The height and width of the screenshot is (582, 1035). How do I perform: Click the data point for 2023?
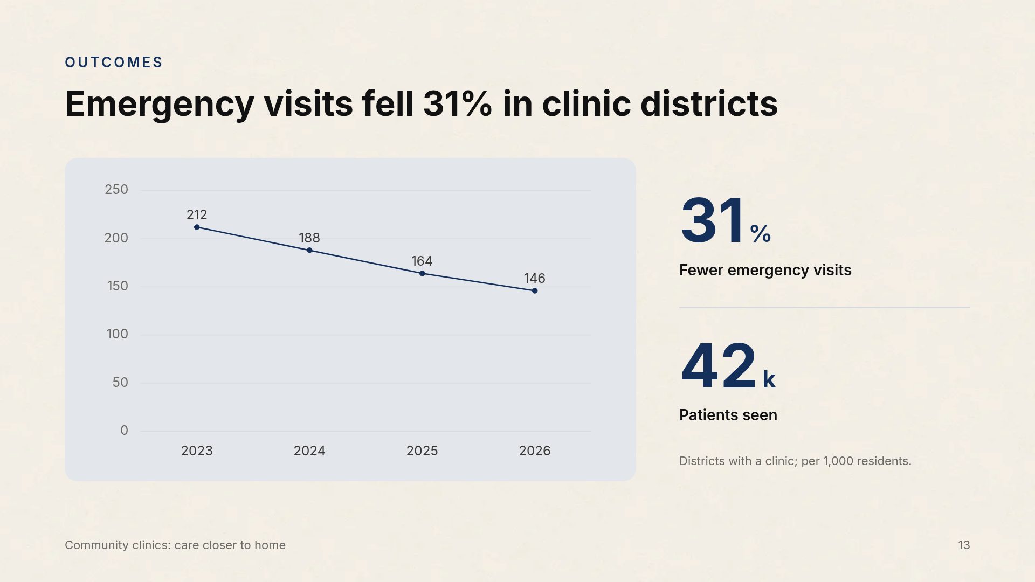coord(197,227)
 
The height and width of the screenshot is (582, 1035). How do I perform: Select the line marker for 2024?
coord(309,251)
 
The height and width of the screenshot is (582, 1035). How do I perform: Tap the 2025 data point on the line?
coord(422,274)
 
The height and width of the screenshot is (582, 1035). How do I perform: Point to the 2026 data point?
coord(535,291)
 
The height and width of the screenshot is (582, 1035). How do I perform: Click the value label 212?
coord(197,215)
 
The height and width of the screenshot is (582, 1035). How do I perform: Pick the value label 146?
coord(535,279)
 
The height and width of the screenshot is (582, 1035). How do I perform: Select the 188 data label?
coord(309,238)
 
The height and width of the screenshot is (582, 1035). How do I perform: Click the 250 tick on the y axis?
coord(116,190)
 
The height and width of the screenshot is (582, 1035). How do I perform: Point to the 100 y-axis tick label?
coord(118,334)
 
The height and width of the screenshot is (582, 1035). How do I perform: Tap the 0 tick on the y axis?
coord(125,431)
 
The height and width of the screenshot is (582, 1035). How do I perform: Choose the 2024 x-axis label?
coord(309,451)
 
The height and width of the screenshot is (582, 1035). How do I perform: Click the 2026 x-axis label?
coord(535,451)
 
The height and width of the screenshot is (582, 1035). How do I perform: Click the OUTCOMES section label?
coord(114,63)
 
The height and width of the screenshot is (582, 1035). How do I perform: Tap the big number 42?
coord(719,367)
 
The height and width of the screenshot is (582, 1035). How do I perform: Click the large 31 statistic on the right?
coord(713,221)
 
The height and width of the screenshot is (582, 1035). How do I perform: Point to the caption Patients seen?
coord(728,415)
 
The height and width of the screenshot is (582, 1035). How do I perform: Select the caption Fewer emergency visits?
coord(765,271)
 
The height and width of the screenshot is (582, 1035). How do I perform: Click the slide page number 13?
coord(964,545)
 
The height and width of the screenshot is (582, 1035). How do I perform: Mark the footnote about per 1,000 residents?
coord(795,461)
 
